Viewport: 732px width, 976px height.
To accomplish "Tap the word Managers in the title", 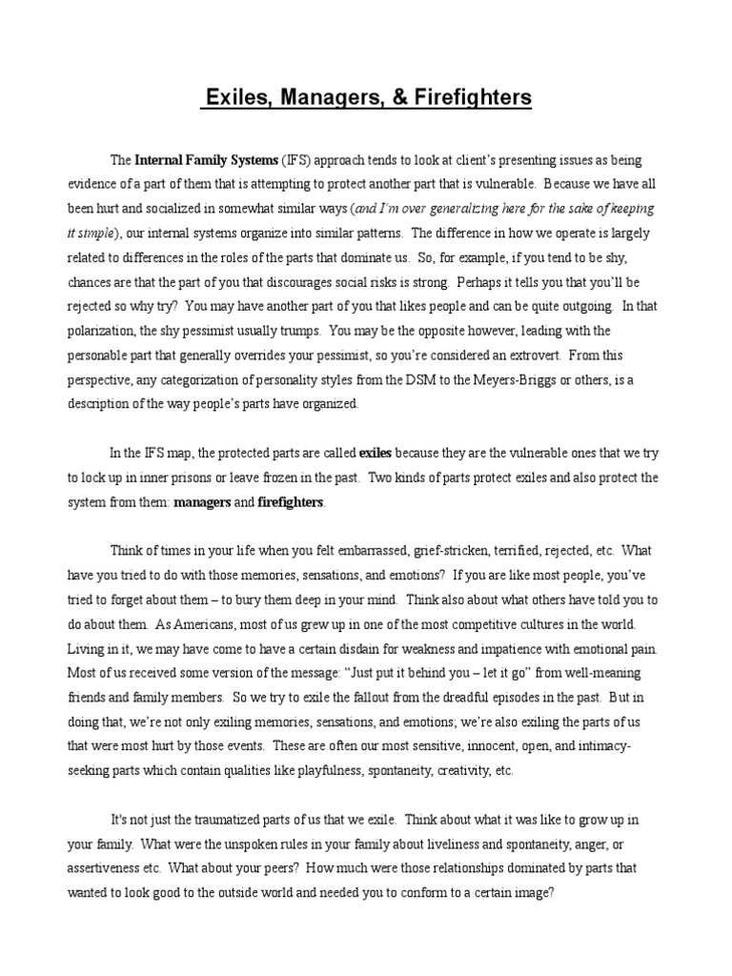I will [325, 98].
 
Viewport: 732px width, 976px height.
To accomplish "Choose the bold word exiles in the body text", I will [376, 453].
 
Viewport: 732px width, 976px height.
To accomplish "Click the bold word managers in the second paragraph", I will [202, 502].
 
